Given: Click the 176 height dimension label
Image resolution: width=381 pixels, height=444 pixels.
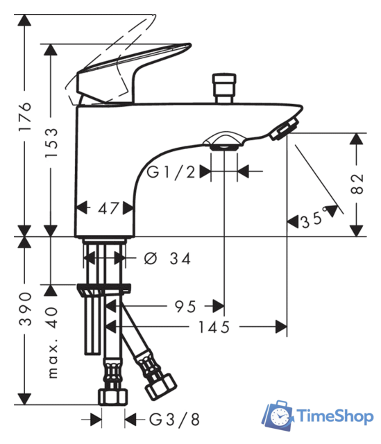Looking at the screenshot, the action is point(25,117).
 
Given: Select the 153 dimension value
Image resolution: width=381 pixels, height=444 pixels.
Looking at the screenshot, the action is point(51,143).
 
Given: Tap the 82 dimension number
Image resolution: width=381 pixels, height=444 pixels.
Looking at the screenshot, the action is point(357,184).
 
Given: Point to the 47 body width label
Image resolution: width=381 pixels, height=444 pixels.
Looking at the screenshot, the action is point(108,209).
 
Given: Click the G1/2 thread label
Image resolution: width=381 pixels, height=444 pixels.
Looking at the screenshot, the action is point(171,172).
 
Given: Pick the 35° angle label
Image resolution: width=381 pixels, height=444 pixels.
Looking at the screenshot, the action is point(314,219).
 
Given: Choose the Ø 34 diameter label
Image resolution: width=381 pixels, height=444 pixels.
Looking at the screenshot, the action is point(167,259).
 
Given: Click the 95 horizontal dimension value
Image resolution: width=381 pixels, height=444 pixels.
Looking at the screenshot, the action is point(185,307).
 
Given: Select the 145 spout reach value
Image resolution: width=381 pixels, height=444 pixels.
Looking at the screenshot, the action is point(214,327).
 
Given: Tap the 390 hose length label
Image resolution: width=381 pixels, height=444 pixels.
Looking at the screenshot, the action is point(25,309).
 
